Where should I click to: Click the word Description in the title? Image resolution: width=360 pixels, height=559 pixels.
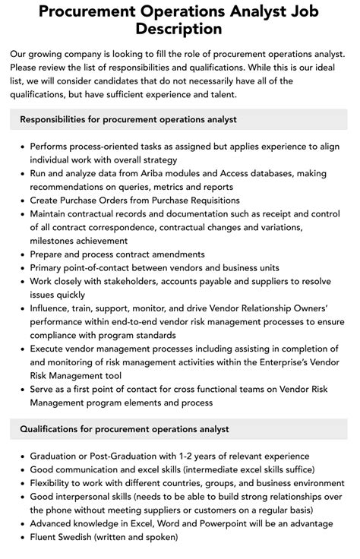click(x=180, y=29)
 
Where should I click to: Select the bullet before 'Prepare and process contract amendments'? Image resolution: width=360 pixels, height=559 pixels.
click(x=21, y=254)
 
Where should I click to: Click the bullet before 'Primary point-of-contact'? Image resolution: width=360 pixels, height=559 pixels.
click(x=21, y=267)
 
